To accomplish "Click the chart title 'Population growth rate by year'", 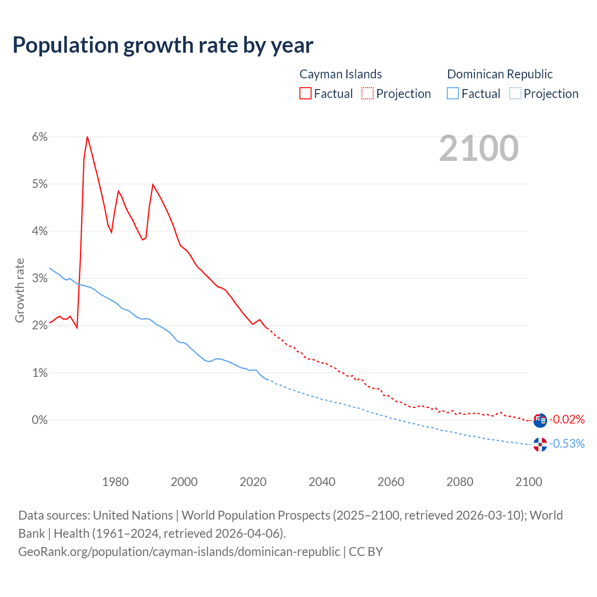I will pyautogui.click(x=163, y=45).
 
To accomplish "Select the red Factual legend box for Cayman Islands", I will pyautogui.click(x=305, y=93).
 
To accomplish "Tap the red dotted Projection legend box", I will pyautogui.click(x=368, y=93).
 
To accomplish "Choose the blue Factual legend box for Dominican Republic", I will pyautogui.click(x=453, y=93).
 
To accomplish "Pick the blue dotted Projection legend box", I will pyautogui.click(x=515, y=93).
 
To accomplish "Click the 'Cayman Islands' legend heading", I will pyautogui.click(x=340, y=74).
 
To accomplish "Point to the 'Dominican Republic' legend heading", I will pyautogui.click(x=500, y=74).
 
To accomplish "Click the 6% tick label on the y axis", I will pyautogui.click(x=40, y=137).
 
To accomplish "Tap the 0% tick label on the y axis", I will pyautogui.click(x=40, y=420).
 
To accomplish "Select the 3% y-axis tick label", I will pyautogui.click(x=40, y=278).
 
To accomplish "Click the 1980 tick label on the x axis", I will pyautogui.click(x=115, y=482).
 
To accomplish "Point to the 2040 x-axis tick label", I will pyautogui.click(x=322, y=482).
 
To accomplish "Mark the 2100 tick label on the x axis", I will pyautogui.click(x=528, y=482).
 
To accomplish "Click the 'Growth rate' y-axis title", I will pyautogui.click(x=20, y=290).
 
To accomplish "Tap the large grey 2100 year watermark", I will pyautogui.click(x=479, y=148).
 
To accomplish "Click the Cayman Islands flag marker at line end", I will pyautogui.click(x=540, y=420).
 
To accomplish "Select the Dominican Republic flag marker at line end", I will pyautogui.click(x=540, y=444).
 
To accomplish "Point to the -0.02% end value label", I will pyautogui.click(x=567, y=419).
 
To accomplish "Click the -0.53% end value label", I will pyautogui.click(x=567, y=444).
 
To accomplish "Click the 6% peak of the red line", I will pyautogui.click(x=87, y=137).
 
